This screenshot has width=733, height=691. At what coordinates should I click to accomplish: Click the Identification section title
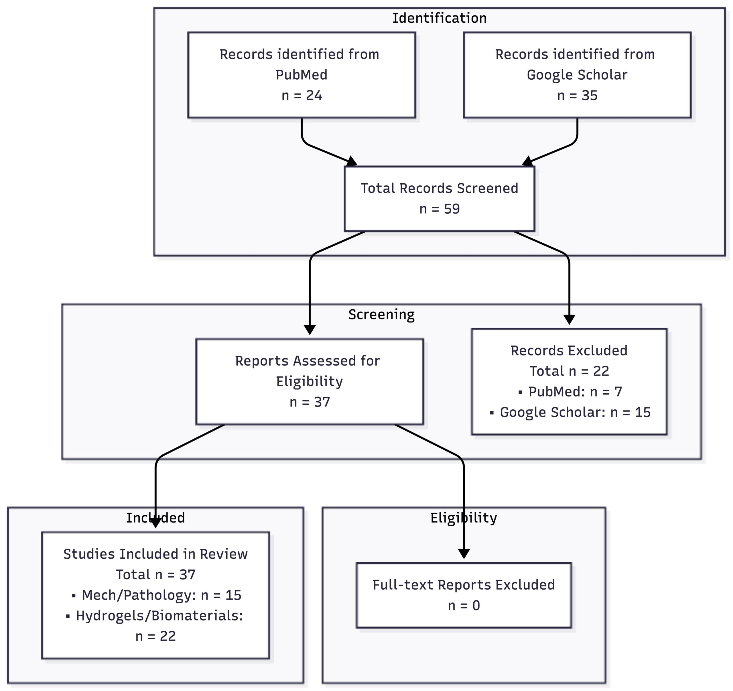coord(439,18)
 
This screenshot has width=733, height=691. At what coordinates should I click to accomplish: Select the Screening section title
coord(381,314)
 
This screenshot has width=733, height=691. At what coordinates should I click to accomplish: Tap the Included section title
coord(155,518)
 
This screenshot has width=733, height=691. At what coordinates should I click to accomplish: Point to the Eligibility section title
coord(464,518)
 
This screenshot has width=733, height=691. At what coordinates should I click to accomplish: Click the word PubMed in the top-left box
coord(302,75)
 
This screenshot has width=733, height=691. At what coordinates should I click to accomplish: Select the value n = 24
coord(302,96)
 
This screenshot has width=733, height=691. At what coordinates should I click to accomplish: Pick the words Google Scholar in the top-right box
coord(577,75)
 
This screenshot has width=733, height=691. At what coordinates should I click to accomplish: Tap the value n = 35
coord(577,96)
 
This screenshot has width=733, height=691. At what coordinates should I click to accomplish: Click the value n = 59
coord(440,209)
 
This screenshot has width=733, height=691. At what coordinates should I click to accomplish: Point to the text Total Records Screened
coord(440,188)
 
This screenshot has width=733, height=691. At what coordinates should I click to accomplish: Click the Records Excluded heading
coord(569,350)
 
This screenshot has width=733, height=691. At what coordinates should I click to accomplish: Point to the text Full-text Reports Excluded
coord(464,585)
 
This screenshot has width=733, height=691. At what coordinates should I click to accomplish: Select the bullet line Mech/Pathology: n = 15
coord(157,595)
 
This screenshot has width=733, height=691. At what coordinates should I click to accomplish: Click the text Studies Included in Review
coord(155,554)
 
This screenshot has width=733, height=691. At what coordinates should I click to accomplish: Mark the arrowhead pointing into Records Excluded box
coord(569,319)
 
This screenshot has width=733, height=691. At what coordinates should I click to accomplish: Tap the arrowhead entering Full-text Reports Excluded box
coord(464,554)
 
